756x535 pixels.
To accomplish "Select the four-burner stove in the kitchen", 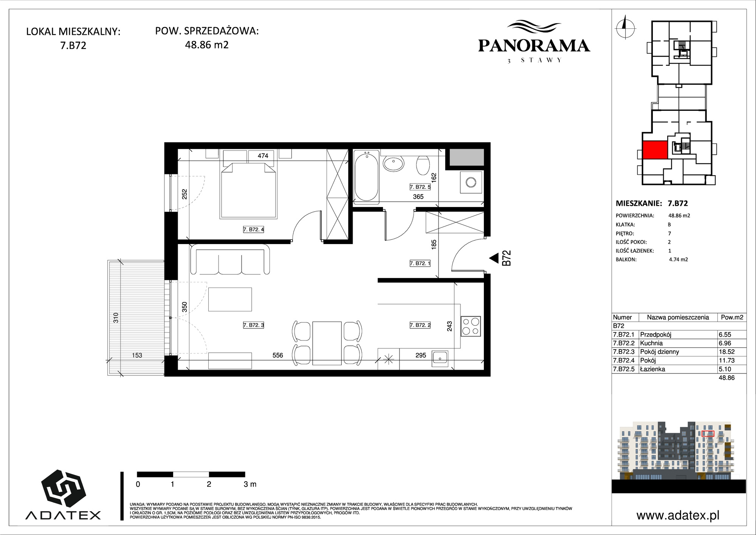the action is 471,326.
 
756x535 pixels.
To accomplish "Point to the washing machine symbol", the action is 471,182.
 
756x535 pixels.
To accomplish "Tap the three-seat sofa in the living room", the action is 231,260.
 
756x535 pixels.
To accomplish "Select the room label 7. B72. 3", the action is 253,325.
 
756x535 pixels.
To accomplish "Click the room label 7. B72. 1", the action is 420,263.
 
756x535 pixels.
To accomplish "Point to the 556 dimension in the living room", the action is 278,355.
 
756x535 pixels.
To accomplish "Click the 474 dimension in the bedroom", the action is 263,156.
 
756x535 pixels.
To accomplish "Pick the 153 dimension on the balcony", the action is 137,355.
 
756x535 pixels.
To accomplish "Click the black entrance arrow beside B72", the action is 493,258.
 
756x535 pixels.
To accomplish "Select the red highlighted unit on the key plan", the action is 654,150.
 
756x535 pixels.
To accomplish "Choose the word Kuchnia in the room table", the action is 651,343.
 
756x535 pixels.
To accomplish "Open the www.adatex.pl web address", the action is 678,516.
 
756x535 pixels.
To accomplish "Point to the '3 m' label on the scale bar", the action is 250,484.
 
